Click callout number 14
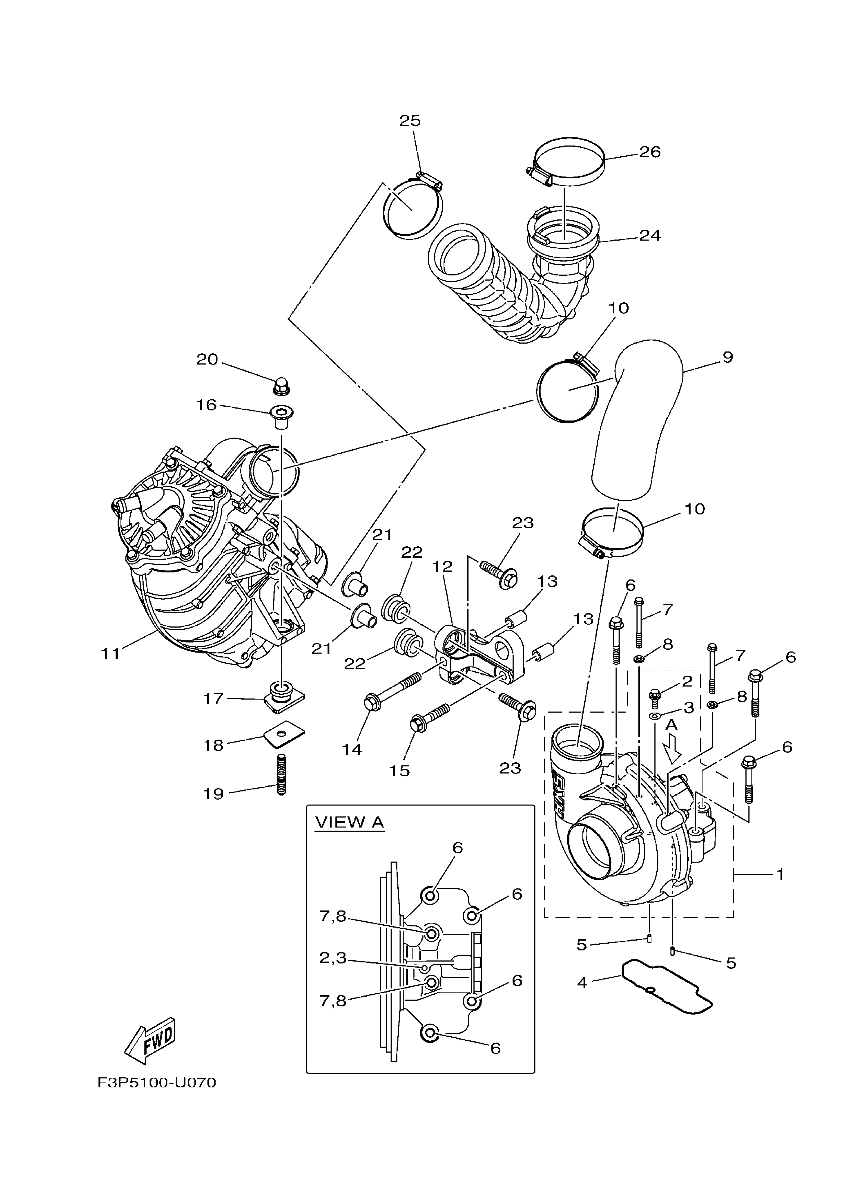[352, 749]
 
